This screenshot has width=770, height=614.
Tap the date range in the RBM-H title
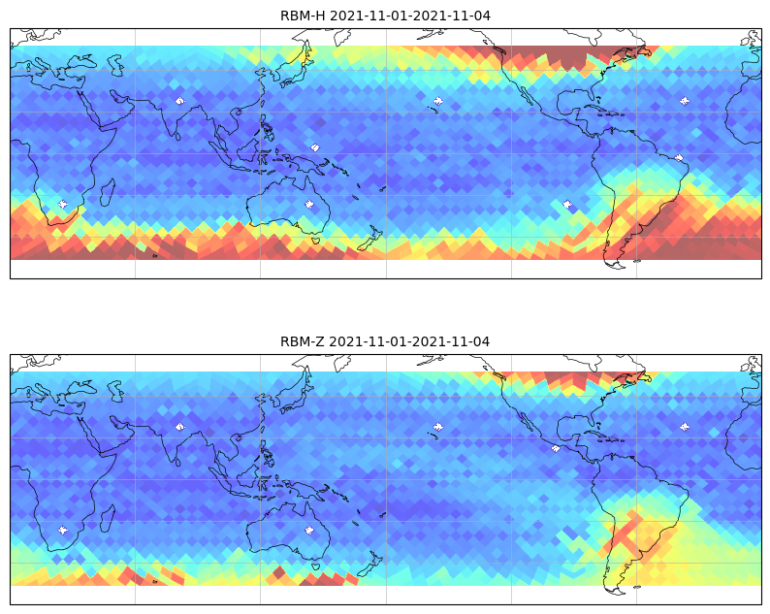point(410,16)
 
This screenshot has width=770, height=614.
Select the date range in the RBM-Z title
point(409,341)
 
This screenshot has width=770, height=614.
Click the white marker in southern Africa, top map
point(63,204)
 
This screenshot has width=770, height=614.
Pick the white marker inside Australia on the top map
point(309,204)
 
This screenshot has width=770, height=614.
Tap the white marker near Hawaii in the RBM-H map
point(438,101)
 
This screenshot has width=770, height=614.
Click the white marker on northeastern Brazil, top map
point(679,158)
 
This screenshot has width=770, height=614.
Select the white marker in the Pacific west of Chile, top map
point(567,204)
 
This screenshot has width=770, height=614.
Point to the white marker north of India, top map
point(180,101)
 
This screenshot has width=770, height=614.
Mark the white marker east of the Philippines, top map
point(315,146)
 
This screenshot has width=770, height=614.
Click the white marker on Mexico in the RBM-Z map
point(556,448)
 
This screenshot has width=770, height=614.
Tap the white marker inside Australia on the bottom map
point(309,530)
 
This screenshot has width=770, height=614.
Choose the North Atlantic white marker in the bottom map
point(684,427)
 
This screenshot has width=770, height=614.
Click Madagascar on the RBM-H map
point(108,193)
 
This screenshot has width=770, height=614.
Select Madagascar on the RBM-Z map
point(108,519)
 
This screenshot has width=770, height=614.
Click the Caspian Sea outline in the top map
point(114,65)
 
